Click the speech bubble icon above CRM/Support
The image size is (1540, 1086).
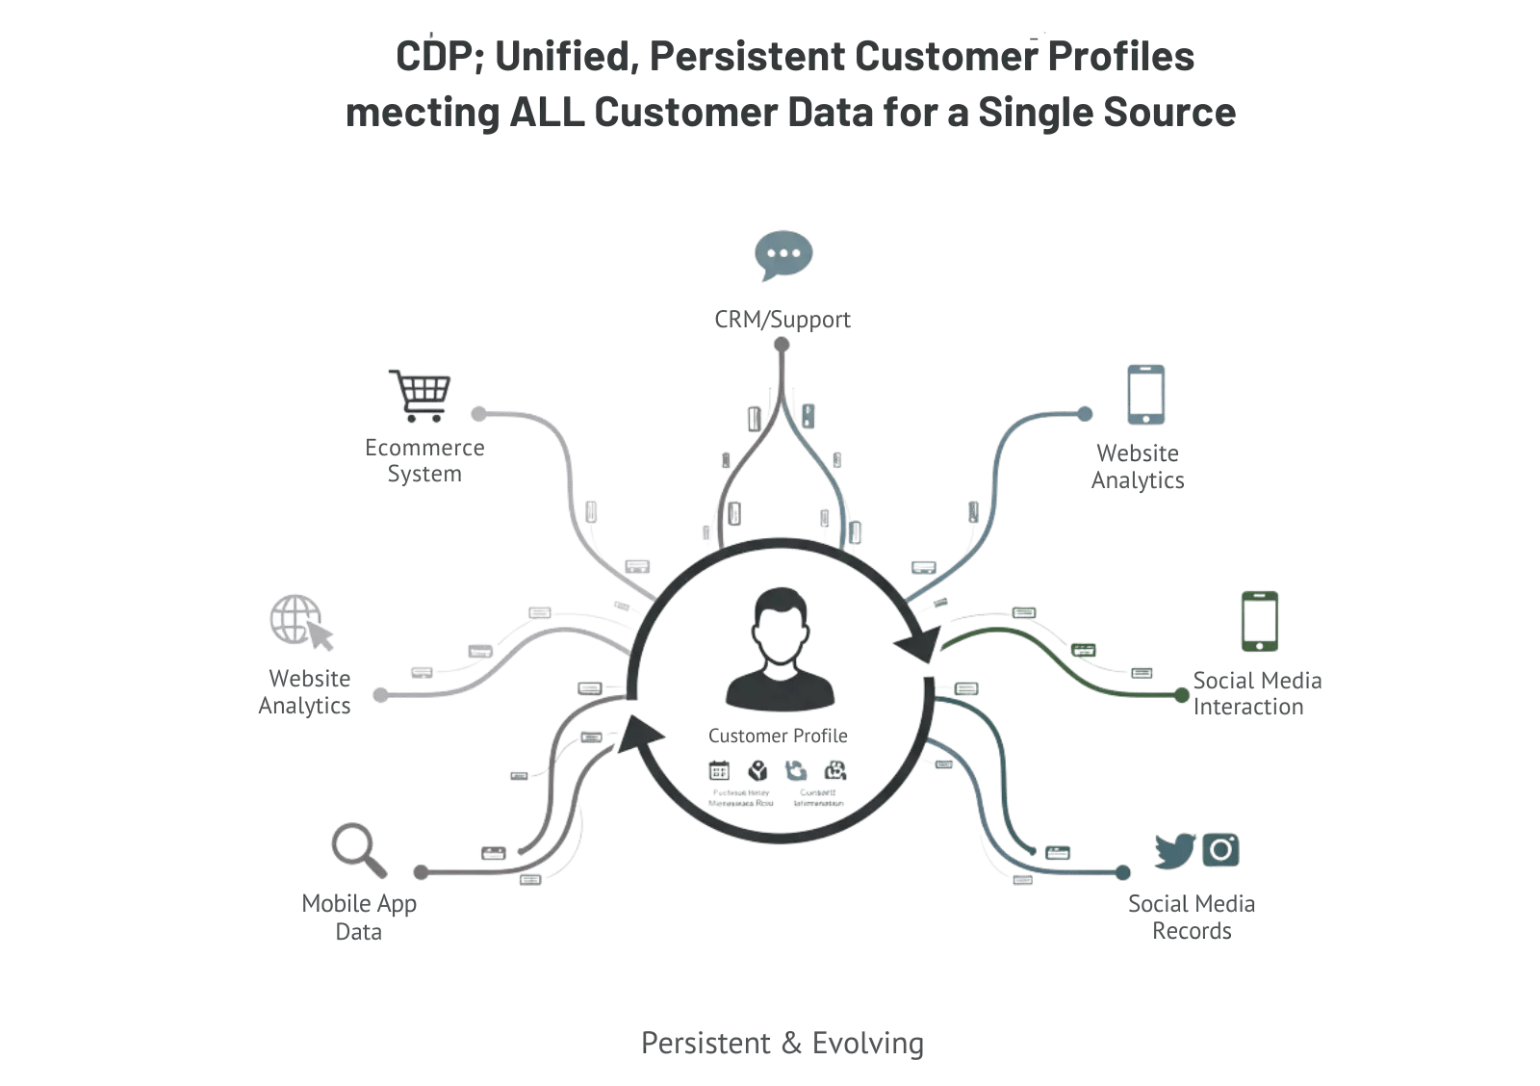(783, 255)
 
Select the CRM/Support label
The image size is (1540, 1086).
(783, 320)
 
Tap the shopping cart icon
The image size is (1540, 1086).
(418, 394)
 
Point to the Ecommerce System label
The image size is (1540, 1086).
(424, 461)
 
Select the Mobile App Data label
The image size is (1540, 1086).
(359, 918)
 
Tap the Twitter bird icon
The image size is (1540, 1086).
(1174, 851)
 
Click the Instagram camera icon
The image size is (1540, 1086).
(1220, 850)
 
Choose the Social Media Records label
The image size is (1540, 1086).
(1192, 918)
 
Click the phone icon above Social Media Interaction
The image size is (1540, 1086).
(1259, 622)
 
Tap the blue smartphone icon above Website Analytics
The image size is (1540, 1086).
(1145, 394)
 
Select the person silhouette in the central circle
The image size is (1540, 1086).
(780, 647)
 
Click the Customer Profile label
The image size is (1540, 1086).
(778, 736)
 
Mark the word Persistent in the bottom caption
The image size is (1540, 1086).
(706, 1043)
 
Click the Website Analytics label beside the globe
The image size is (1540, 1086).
(305, 691)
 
